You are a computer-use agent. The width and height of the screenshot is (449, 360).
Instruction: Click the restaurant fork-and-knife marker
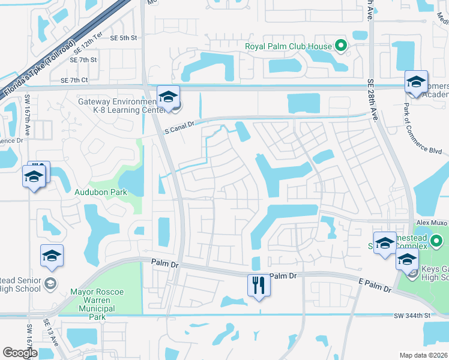(x=259, y=284)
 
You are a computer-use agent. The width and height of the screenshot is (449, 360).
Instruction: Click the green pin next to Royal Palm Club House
(x=341, y=45)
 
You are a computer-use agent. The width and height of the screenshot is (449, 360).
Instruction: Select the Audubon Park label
(x=94, y=193)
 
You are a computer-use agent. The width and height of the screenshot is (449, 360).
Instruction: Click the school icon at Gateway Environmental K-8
(x=169, y=97)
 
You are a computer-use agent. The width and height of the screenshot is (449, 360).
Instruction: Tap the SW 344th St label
(x=412, y=315)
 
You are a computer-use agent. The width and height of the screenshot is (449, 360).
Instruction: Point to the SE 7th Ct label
(x=74, y=80)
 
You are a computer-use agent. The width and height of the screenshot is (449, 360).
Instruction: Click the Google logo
(x=20, y=353)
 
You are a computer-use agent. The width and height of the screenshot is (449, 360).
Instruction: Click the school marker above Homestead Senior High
(x=52, y=256)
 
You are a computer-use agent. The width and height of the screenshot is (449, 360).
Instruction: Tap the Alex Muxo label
(x=432, y=223)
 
